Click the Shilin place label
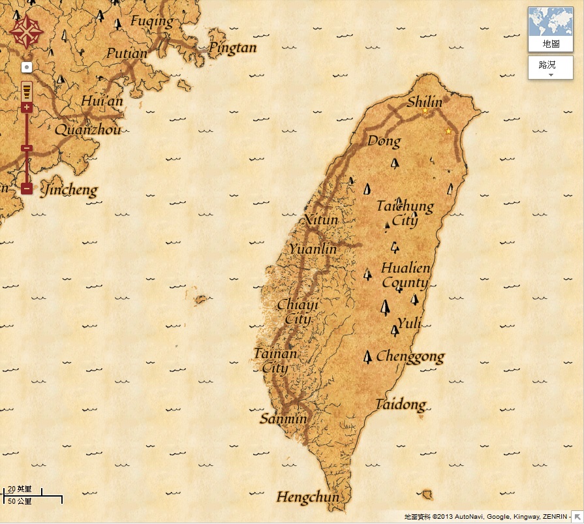(x=424, y=102)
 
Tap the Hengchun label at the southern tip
(x=308, y=497)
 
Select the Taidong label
(x=400, y=405)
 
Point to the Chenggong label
(x=410, y=357)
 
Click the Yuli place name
(x=409, y=322)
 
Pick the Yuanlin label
(x=313, y=249)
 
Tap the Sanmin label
(x=283, y=419)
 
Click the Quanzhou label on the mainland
(x=87, y=129)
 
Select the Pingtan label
(x=232, y=48)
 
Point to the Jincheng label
(x=69, y=191)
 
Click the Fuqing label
(x=152, y=21)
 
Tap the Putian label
(x=127, y=54)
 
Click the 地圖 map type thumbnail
(x=551, y=29)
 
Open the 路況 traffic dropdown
(x=550, y=68)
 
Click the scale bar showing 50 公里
(x=33, y=501)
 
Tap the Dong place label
(x=384, y=141)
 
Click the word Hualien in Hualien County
(x=405, y=268)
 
